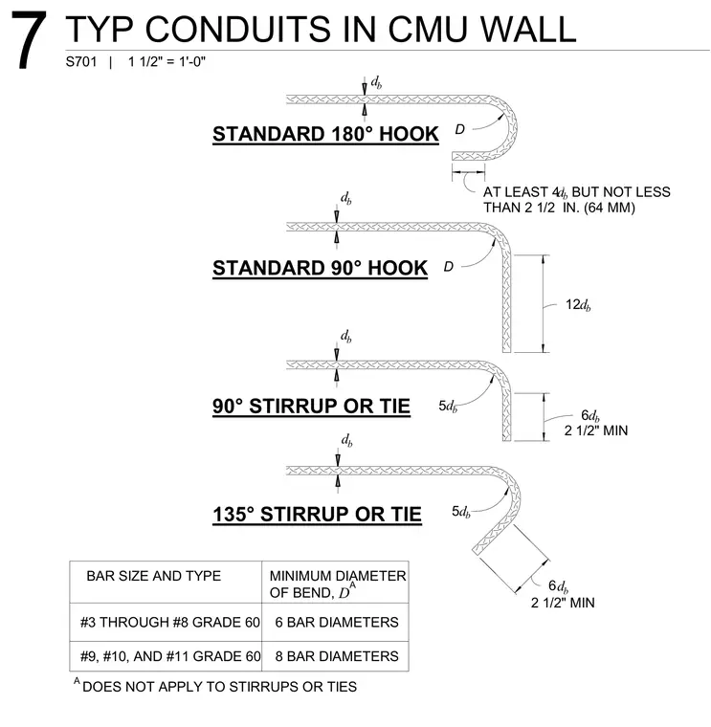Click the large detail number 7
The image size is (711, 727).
(x=29, y=40)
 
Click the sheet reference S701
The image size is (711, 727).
(x=81, y=61)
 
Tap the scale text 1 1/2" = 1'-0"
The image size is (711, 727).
(x=167, y=61)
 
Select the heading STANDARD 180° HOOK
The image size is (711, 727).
(x=325, y=134)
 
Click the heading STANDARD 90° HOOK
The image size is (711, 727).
(x=320, y=268)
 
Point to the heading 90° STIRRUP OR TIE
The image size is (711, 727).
(x=311, y=407)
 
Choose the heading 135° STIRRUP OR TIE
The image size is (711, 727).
(x=318, y=515)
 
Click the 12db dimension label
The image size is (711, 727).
(x=578, y=304)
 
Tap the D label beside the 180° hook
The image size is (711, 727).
(x=459, y=129)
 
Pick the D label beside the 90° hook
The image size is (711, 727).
(x=449, y=267)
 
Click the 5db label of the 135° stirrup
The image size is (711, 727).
(x=461, y=512)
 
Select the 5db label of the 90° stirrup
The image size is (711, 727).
(x=448, y=407)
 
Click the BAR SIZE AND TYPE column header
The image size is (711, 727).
(x=153, y=576)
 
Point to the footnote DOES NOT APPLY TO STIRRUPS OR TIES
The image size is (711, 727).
(x=219, y=687)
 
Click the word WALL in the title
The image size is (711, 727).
(x=528, y=30)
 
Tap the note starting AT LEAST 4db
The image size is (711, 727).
(x=576, y=200)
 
